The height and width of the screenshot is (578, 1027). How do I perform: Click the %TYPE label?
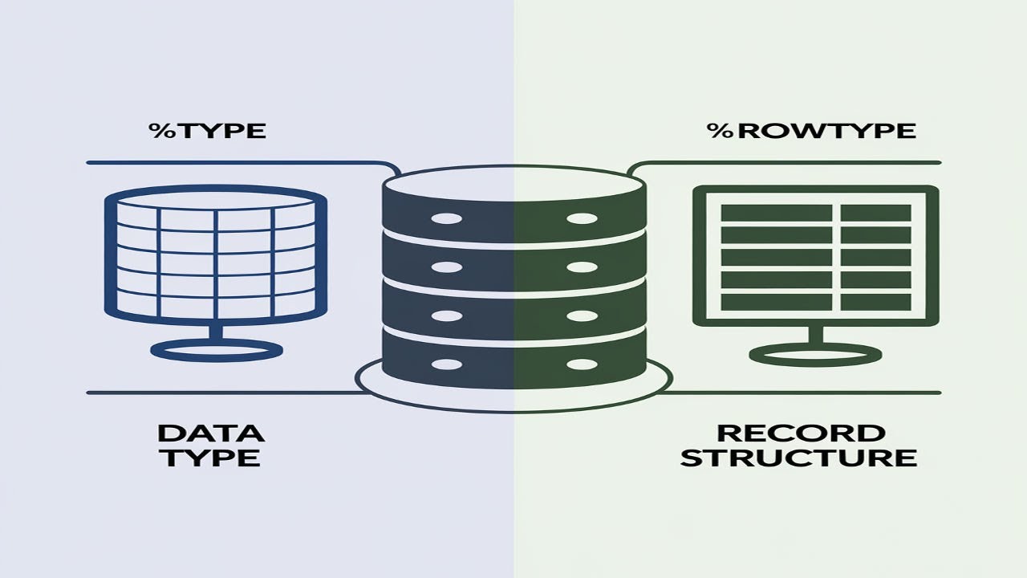pos(207,131)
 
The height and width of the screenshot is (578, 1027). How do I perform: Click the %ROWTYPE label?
pos(811,131)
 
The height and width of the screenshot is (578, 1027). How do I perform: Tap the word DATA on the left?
pos(210,433)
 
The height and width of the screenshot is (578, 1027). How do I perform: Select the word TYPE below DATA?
pos(210,458)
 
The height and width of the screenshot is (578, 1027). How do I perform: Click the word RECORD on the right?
pos(801,433)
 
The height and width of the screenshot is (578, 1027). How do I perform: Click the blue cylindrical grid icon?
pos(217,253)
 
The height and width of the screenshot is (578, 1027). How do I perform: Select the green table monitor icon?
pos(814,256)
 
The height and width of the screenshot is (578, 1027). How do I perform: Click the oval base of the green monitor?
pos(814,354)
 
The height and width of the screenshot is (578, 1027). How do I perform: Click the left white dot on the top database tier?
pos(447,219)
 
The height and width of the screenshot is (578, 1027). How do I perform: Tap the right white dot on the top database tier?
pos(583,219)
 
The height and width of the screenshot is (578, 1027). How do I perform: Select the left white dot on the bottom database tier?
pos(447,364)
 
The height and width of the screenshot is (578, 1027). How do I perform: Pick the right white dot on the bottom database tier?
pos(583,364)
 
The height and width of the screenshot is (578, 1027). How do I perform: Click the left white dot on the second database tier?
pos(447,266)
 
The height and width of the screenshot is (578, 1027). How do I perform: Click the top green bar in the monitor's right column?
pos(875,213)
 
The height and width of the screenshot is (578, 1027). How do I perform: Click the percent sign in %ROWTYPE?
pos(717,131)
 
